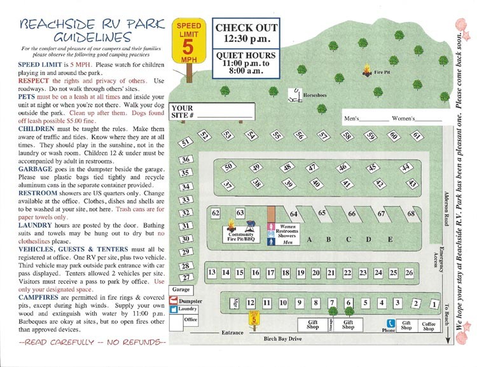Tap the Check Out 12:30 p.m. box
click(x=246, y=34)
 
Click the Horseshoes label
click(x=314, y=95)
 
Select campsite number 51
click(x=186, y=142)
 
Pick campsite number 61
click(x=417, y=136)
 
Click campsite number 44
click(x=404, y=167)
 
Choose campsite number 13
click(x=212, y=273)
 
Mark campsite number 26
click(x=409, y=273)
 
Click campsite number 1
click(x=434, y=305)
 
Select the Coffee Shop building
click(x=427, y=326)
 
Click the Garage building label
click(x=182, y=289)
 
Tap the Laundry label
click(x=193, y=308)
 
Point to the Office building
click(x=190, y=320)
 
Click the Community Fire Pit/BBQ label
click(x=241, y=237)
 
